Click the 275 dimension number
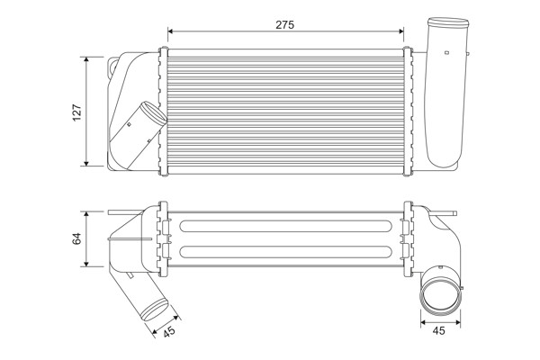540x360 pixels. (x=284, y=25)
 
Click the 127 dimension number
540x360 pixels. (x=76, y=112)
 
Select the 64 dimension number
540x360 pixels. (x=76, y=238)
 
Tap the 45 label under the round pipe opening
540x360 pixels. (x=439, y=330)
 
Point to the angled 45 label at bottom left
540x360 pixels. (x=169, y=332)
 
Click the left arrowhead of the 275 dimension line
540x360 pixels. (x=170, y=31)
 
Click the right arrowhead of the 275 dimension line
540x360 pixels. (x=400, y=31)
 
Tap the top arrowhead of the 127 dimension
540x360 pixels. (x=86, y=59)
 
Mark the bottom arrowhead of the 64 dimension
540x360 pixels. (x=86, y=264)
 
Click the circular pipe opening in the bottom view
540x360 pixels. (x=440, y=295)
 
